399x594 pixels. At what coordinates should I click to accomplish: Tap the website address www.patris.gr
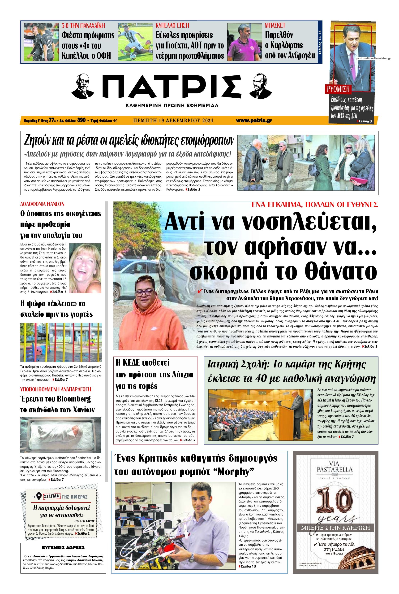(254, 121)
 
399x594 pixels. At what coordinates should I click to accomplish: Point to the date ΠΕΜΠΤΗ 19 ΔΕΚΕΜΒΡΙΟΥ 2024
(173, 121)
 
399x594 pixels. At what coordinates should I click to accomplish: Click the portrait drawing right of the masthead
(261, 86)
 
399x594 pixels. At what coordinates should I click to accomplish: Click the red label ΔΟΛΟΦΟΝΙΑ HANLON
(42, 204)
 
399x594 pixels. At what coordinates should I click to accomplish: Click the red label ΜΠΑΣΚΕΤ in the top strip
(275, 26)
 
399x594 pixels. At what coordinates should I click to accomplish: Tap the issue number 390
(81, 121)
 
